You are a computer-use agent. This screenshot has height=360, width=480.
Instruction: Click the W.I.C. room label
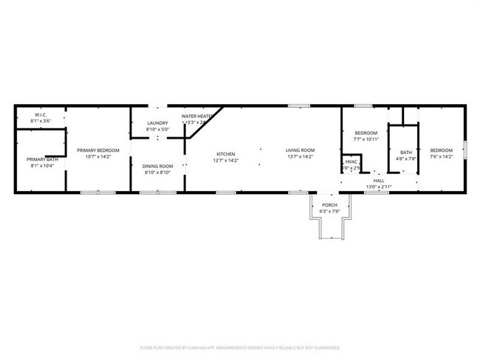pos(41,114)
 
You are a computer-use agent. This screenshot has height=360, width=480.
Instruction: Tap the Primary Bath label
pos(41,159)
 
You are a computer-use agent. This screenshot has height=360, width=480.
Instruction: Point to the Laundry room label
pos(157,123)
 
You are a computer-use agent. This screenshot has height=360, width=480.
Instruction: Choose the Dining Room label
pos(157,166)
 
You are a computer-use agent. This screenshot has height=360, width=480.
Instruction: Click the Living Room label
pos(300,150)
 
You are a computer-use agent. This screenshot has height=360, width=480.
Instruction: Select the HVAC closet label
pos(352,162)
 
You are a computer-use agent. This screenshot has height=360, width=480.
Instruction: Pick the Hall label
pos(379,181)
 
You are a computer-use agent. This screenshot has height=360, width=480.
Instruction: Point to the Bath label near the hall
pos(406,152)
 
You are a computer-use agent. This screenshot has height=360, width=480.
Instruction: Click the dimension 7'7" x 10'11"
pos(366,139)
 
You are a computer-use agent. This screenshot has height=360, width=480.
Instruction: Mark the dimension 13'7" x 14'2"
pos(300,156)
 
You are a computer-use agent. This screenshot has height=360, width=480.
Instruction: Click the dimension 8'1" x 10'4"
pos(41,165)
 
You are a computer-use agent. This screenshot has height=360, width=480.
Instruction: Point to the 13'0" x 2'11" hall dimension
pos(379,187)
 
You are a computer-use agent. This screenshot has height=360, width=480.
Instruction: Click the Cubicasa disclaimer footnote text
pos(240,347)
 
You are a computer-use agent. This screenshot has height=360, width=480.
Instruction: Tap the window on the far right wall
pos(464,150)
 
